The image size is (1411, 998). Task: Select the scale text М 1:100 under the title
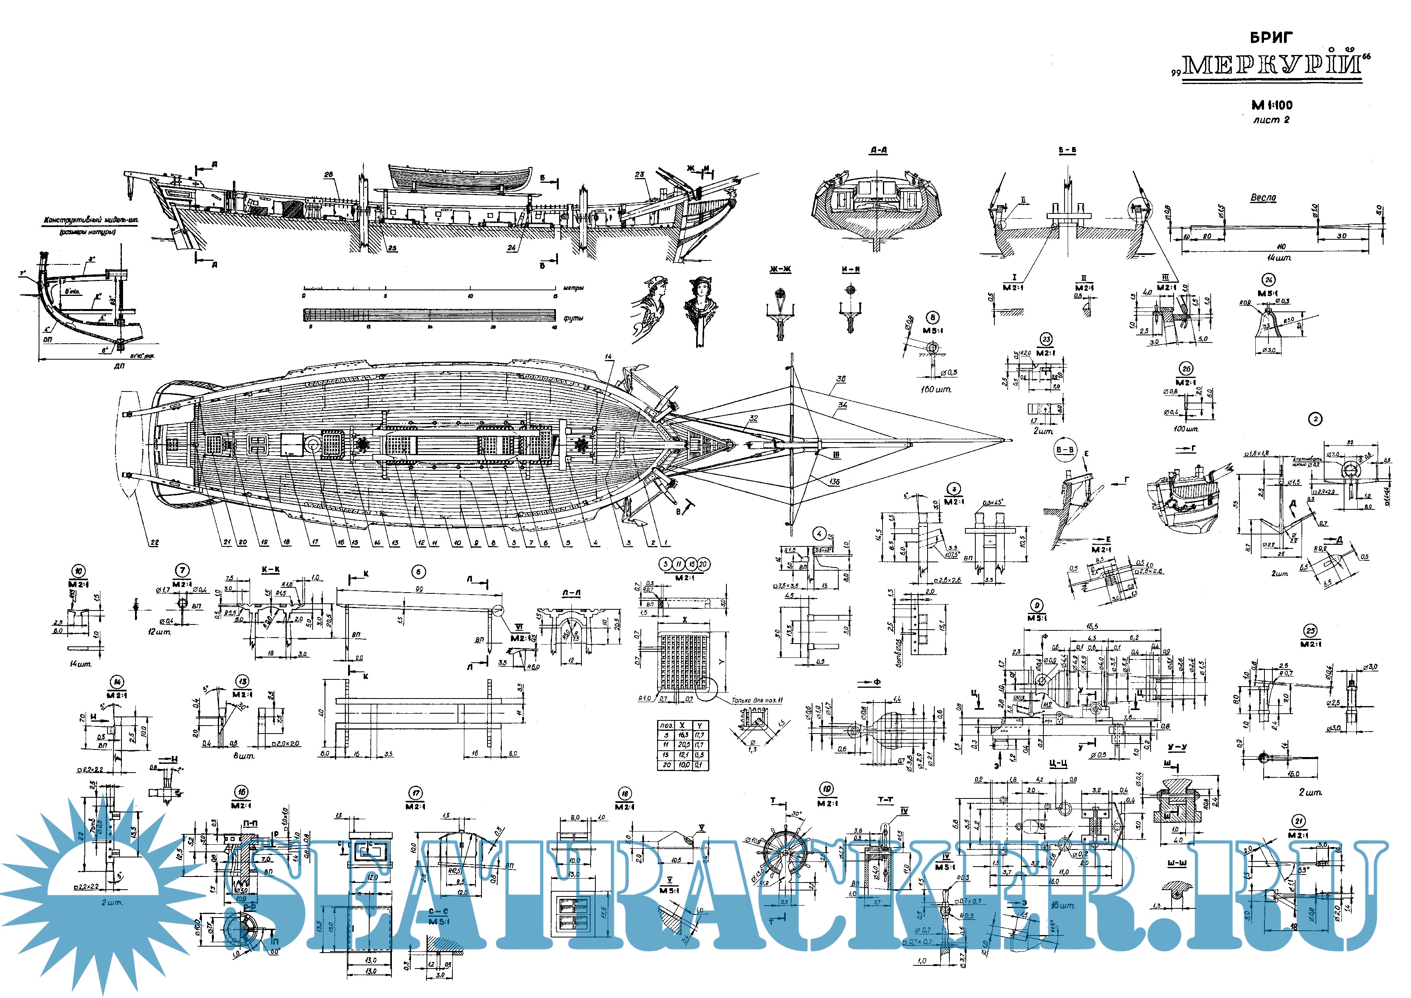click(1271, 105)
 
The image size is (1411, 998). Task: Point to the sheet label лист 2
click(1271, 120)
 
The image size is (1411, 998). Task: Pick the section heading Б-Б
click(1067, 151)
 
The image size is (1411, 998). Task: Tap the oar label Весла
click(1263, 198)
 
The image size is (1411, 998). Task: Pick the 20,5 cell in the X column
click(683, 745)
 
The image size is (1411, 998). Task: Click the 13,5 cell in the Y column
click(699, 755)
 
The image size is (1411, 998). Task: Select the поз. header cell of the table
click(665, 726)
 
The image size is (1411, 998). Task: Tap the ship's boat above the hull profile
click(461, 178)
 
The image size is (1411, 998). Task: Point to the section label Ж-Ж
click(779, 270)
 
